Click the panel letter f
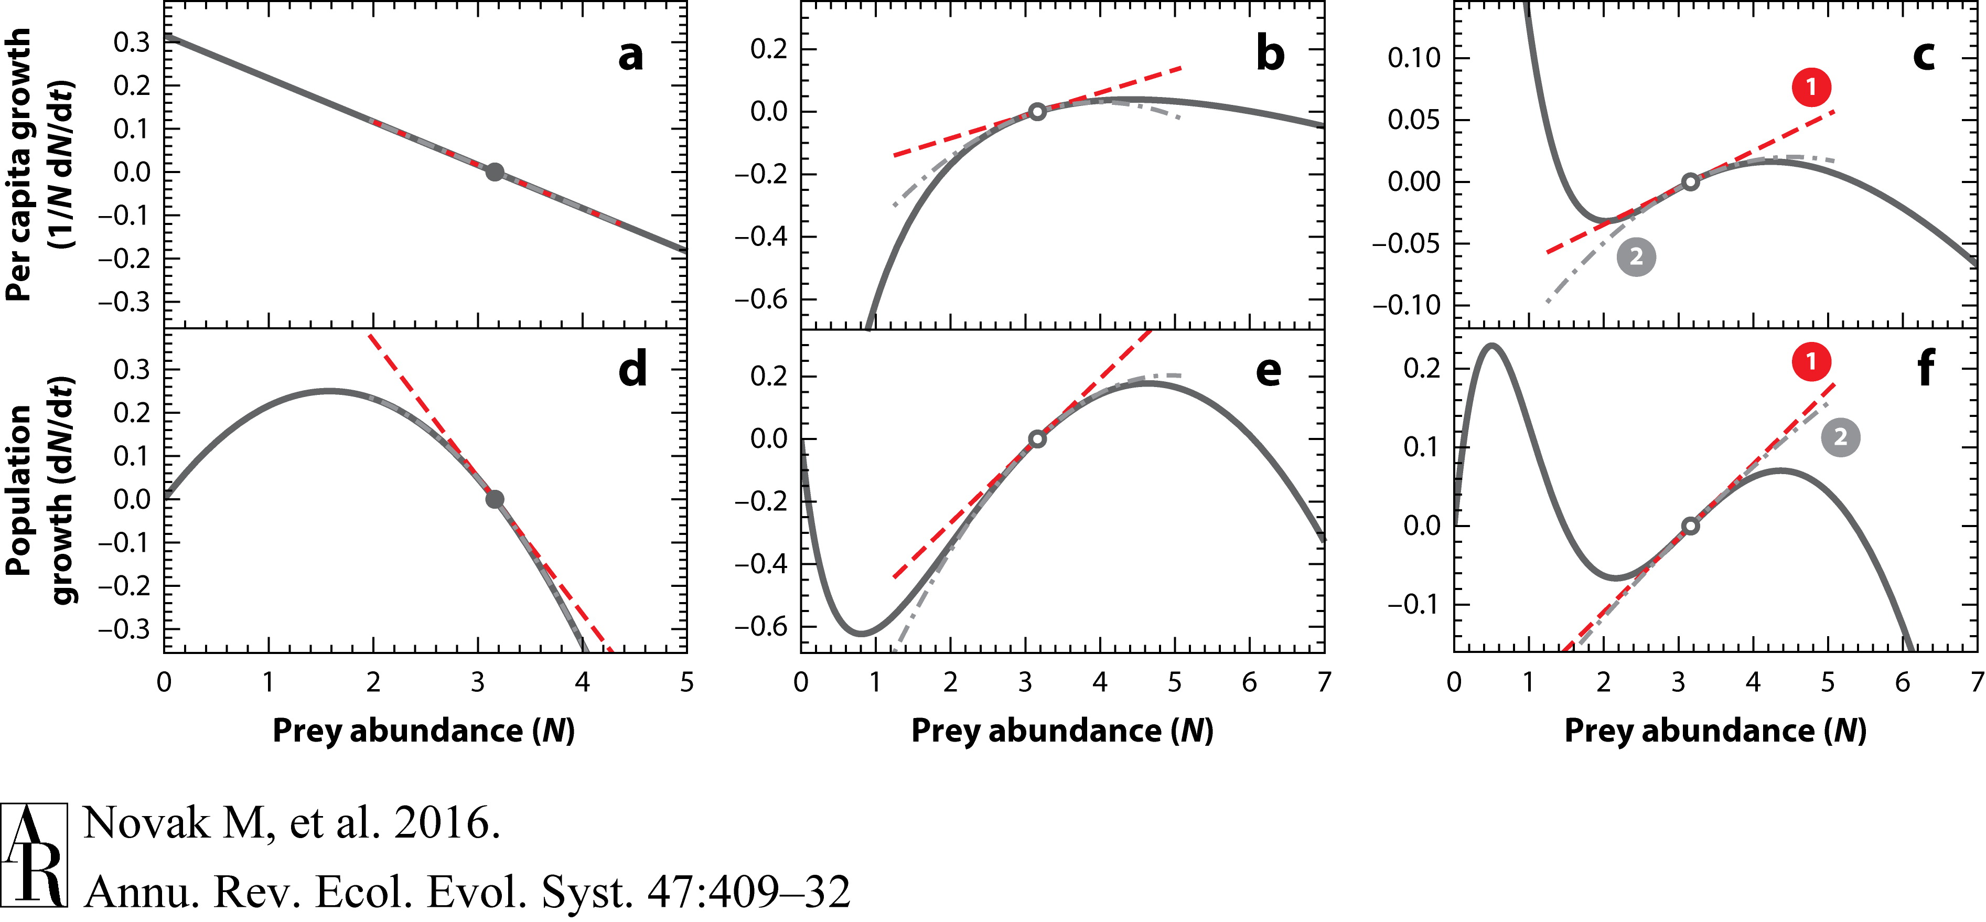(1925, 369)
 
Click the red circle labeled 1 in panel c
(1811, 87)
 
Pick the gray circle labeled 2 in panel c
(1636, 256)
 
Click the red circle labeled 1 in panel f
(1811, 361)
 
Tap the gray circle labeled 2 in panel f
(1840, 437)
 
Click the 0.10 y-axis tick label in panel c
(1413, 57)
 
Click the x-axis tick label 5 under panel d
(686, 682)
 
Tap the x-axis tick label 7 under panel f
(1977, 682)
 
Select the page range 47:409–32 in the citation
(748, 892)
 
